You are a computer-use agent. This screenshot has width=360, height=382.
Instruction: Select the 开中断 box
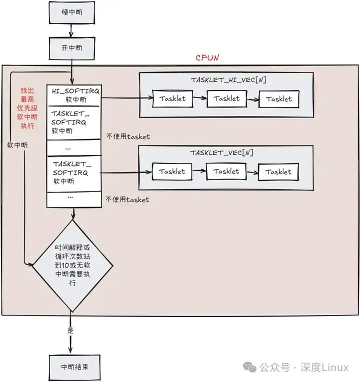tap(71, 48)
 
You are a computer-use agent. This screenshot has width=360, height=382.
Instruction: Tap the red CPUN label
tap(207, 58)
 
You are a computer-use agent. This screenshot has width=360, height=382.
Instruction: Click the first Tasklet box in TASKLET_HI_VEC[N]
tap(172, 98)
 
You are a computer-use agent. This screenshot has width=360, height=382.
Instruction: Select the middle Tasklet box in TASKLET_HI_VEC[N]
tap(226, 98)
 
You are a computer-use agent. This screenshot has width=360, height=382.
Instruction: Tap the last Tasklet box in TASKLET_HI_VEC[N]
tap(278, 99)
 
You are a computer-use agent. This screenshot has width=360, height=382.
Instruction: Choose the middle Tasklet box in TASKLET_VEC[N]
tap(226, 171)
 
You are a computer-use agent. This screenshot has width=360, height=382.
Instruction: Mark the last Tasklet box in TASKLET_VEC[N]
tap(278, 172)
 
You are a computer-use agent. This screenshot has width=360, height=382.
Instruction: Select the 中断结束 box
tap(71, 366)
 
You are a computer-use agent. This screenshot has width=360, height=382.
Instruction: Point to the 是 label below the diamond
tap(70, 330)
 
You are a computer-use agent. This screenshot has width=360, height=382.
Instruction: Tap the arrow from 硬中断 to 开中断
tap(71, 30)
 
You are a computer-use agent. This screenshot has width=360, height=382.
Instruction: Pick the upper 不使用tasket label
tap(127, 136)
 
